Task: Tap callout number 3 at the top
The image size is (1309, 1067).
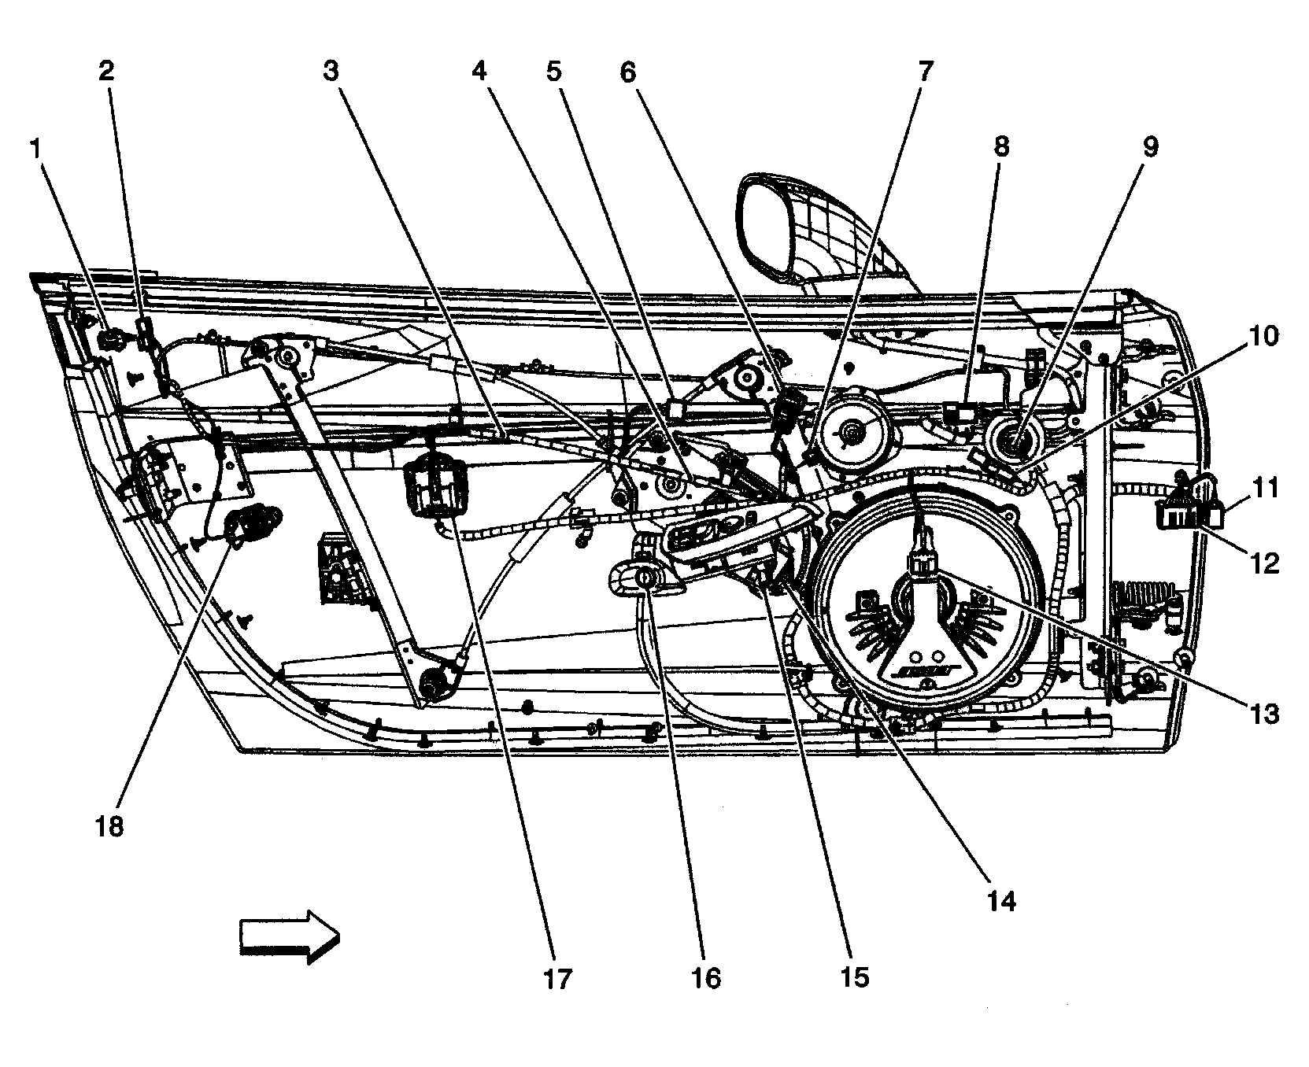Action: pos(331,72)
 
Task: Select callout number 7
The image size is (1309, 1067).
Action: pos(925,72)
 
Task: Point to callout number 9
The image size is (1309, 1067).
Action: pos(1151,147)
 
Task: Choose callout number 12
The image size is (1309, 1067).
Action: pos(1265,563)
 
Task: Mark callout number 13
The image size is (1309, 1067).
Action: pos(1264,714)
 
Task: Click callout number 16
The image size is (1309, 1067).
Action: pos(706,978)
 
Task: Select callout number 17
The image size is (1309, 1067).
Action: pos(557,978)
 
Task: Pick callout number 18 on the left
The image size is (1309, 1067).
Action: pos(110,827)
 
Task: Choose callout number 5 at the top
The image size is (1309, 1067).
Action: pos(555,72)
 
